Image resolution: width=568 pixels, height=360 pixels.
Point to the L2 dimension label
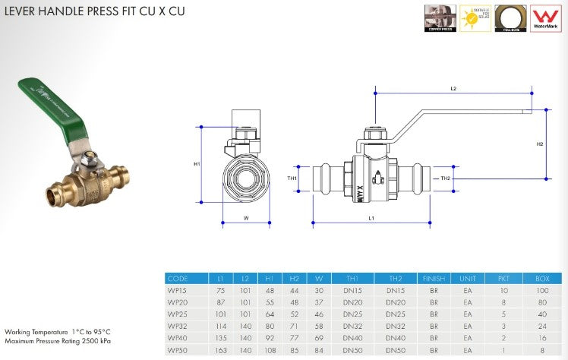pyautogui.click(x=453, y=89)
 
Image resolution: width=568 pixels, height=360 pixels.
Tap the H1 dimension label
pyautogui.click(x=197, y=163)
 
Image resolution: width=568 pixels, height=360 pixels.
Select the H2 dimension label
pyautogui.click(x=540, y=144)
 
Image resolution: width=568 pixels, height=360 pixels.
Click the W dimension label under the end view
pyautogui.click(x=247, y=218)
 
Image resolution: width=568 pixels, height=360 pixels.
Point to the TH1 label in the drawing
pyautogui.click(x=292, y=178)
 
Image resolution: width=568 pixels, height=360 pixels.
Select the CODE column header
pyautogui.click(x=178, y=279)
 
